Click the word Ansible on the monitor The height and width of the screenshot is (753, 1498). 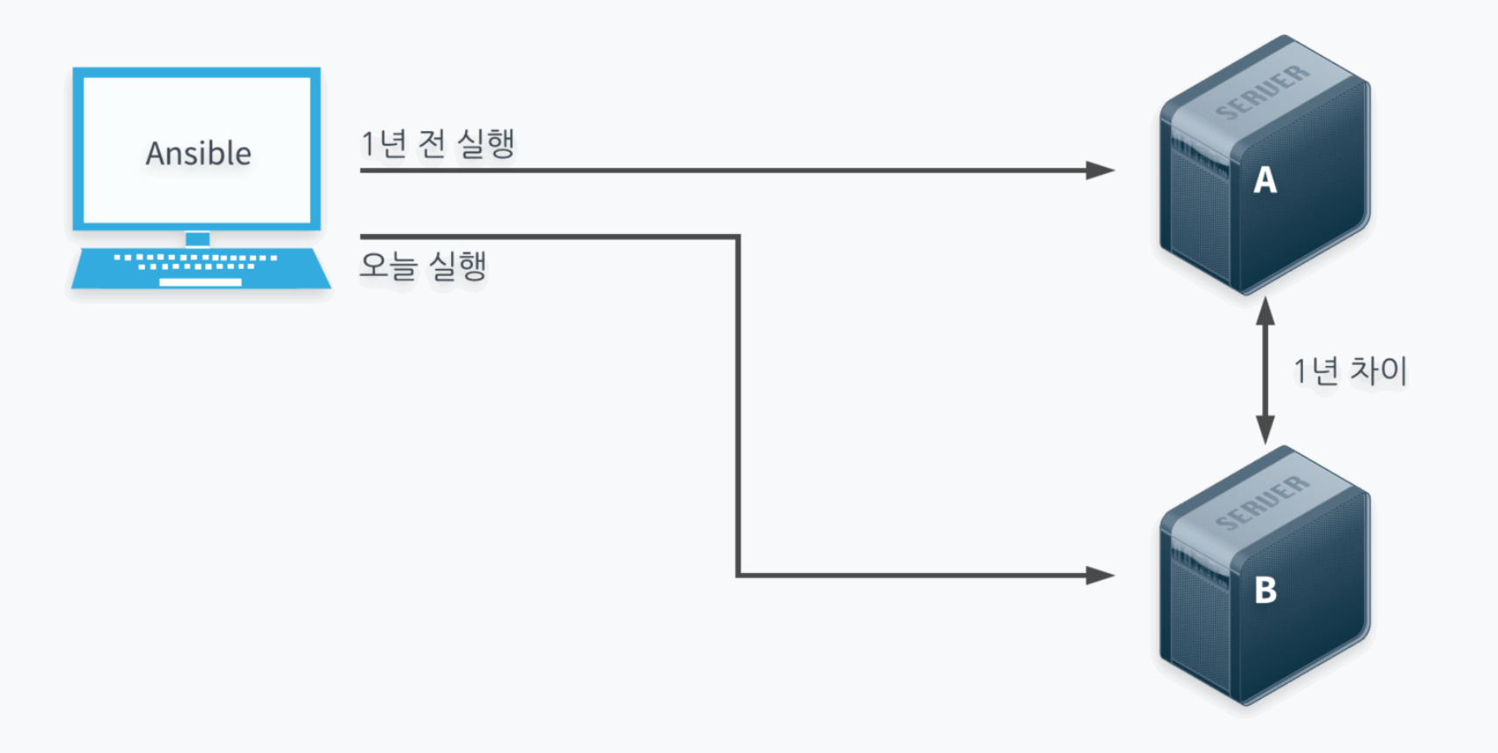tap(198, 154)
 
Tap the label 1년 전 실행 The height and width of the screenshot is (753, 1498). tap(438, 143)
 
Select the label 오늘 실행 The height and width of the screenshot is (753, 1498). tap(423, 266)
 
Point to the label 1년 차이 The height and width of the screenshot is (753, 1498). tap(1350, 370)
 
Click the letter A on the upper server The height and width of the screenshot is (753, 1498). tap(1265, 181)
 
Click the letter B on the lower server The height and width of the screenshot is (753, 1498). tap(1266, 591)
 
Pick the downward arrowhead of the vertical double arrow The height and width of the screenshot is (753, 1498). tap(1265, 430)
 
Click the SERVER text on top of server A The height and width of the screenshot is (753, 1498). tap(1263, 92)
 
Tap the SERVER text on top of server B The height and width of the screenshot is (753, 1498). tap(1263, 502)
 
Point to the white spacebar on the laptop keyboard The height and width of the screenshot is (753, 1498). tap(200, 282)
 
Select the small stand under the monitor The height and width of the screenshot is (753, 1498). tap(198, 238)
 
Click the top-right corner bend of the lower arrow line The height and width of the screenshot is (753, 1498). tap(738, 237)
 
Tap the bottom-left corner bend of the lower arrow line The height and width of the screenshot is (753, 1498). tap(739, 575)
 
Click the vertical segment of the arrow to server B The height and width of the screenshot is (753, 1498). tap(739, 402)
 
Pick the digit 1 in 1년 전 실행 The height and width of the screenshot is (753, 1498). tap(368, 144)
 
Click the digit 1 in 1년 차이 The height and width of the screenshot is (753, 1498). tap(1300, 371)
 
